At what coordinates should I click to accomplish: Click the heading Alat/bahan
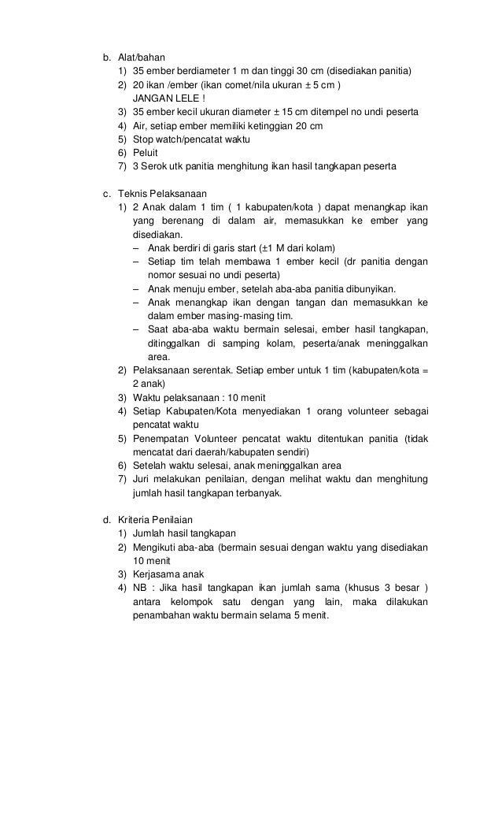138,58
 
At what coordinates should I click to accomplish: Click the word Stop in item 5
143,139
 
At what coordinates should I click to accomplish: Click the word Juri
142,480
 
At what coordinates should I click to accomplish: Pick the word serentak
203,370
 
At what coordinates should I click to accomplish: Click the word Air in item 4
140,126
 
